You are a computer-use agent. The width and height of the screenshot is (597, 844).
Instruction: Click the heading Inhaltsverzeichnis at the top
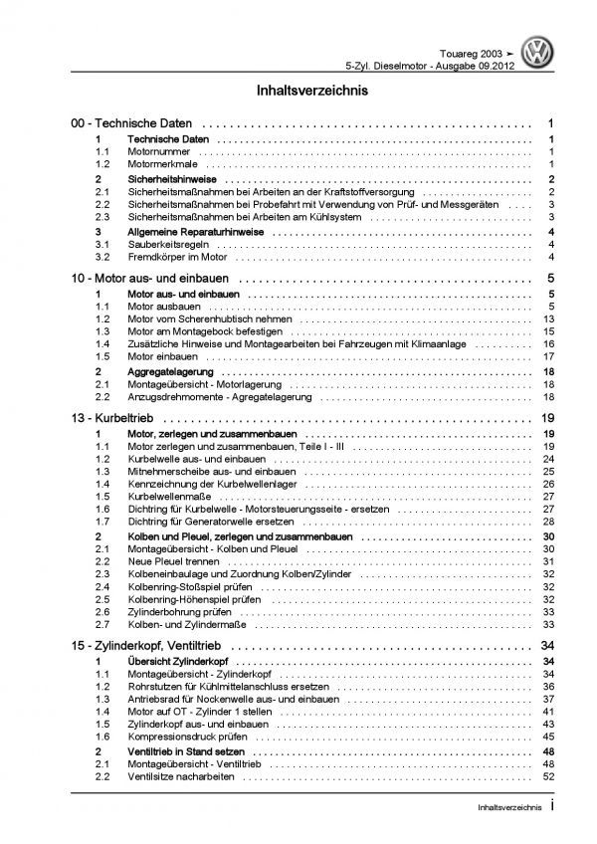coord(298,91)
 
